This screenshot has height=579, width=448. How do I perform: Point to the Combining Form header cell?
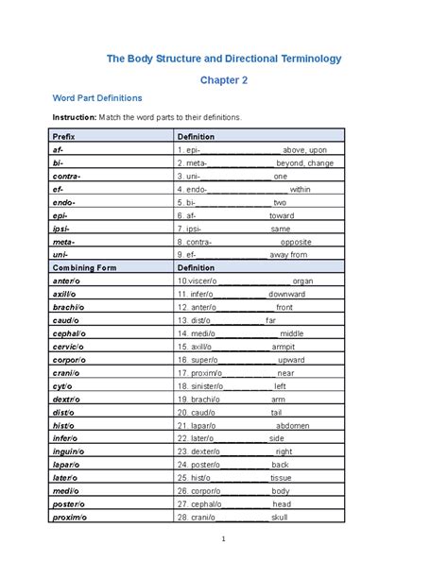point(85,267)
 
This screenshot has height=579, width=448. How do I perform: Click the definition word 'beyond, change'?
point(304,162)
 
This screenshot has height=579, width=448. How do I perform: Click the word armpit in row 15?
point(284,347)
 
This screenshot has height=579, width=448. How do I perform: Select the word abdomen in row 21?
point(292,425)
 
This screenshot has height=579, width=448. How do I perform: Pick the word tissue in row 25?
point(280,478)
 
